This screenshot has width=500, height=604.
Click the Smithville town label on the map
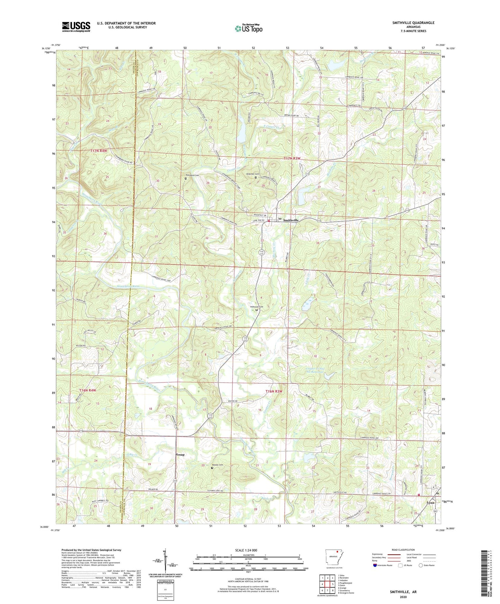291,220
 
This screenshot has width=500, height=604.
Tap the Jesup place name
180,454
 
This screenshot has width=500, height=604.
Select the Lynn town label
430,503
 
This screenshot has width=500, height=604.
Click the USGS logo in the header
76,27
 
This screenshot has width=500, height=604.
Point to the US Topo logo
248,28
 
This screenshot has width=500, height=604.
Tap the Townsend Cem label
192,175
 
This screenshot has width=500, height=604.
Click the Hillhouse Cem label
256,307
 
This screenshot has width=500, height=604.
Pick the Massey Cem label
220,465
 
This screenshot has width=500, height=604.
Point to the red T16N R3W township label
274,391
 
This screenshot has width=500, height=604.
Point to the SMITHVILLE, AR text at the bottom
403,592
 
